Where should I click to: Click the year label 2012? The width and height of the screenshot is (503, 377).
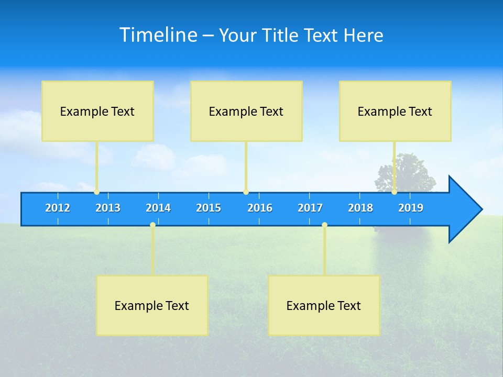coord(58,208)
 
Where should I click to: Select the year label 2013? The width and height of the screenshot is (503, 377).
coord(108,208)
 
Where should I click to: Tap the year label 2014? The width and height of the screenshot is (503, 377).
coord(158,208)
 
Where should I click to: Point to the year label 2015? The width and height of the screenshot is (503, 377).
coord(209,208)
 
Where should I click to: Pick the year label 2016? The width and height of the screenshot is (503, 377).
coord(260,208)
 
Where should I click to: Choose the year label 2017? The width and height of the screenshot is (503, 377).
coord(310,208)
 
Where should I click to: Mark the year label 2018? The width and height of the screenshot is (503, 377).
coord(360,208)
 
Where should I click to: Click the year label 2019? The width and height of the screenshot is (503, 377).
coord(411,208)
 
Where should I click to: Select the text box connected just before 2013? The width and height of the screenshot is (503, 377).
coord(97,111)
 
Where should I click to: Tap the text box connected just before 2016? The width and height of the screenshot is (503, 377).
coord(246,111)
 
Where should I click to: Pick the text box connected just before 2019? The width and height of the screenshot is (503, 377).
coord(395,111)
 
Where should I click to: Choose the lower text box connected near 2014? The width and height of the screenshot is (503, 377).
coord(152,305)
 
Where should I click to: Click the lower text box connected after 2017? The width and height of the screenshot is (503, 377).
coord(324,305)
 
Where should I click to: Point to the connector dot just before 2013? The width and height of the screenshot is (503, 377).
coord(97,192)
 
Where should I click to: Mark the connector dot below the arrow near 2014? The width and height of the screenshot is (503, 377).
coord(152,225)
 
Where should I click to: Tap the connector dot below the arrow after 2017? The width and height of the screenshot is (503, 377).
coord(324,225)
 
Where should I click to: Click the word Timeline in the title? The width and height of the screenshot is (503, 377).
coord(158,35)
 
